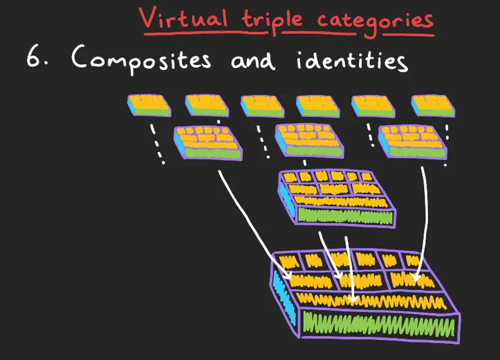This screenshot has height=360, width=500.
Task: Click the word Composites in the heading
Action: (x=141, y=59)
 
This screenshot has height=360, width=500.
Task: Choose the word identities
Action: (x=352, y=60)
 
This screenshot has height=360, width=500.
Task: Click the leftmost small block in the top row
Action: (x=149, y=105)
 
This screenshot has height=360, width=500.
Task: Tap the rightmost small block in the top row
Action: (x=433, y=106)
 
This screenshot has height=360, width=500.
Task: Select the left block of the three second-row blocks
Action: (x=208, y=143)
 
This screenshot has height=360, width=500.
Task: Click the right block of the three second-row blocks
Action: (x=412, y=141)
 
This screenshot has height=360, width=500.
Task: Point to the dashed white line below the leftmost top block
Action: (x=158, y=144)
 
